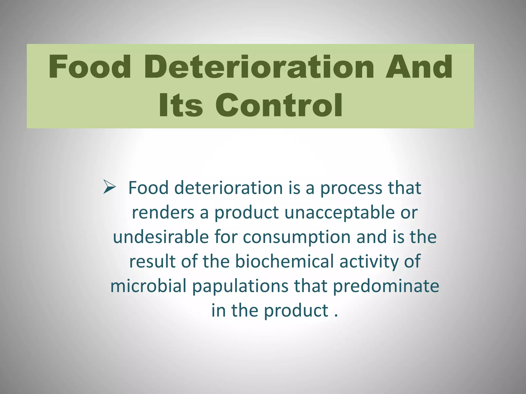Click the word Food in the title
pyautogui.click(x=90, y=67)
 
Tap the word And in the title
pyautogui.click(x=419, y=67)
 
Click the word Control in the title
pyautogui.click(x=279, y=105)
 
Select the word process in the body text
pyautogui.click(x=351, y=188)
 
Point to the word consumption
pyautogui.click(x=297, y=237)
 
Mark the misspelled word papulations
pyautogui.click(x=240, y=286)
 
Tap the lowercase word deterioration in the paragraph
pyautogui.click(x=229, y=188)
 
